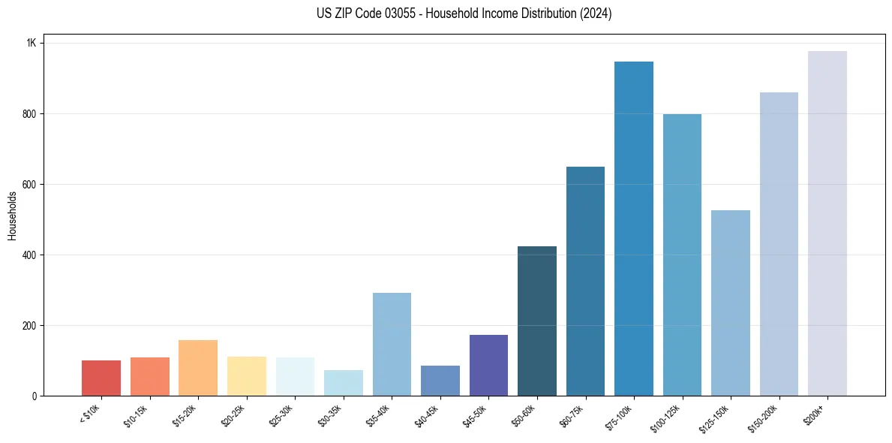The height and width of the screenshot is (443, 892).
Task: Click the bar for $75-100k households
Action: [x=634, y=228]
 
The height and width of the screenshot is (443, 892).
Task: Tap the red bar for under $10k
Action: [x=101, y=378]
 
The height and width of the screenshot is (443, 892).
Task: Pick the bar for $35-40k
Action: [x=392, y=344]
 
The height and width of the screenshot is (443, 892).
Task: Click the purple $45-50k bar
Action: [x=488, y=365]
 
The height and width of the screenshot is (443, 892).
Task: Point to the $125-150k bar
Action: [x=731, y=303]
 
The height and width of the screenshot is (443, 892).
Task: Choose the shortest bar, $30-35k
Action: [x=344, y=383]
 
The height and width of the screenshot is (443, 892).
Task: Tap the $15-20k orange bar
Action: [x=198, y=368]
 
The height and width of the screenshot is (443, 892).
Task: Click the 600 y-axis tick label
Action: [x=29, y=185]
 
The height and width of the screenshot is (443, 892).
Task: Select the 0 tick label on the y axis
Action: [x=35, y=396]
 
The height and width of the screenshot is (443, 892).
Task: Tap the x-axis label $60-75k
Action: [x=572, y=414]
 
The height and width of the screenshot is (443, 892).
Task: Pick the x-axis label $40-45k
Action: [x=427, y=414]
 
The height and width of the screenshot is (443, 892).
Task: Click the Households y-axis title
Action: [x=12, y=215]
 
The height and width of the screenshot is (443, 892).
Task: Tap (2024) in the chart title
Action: [x=595, y=14]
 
